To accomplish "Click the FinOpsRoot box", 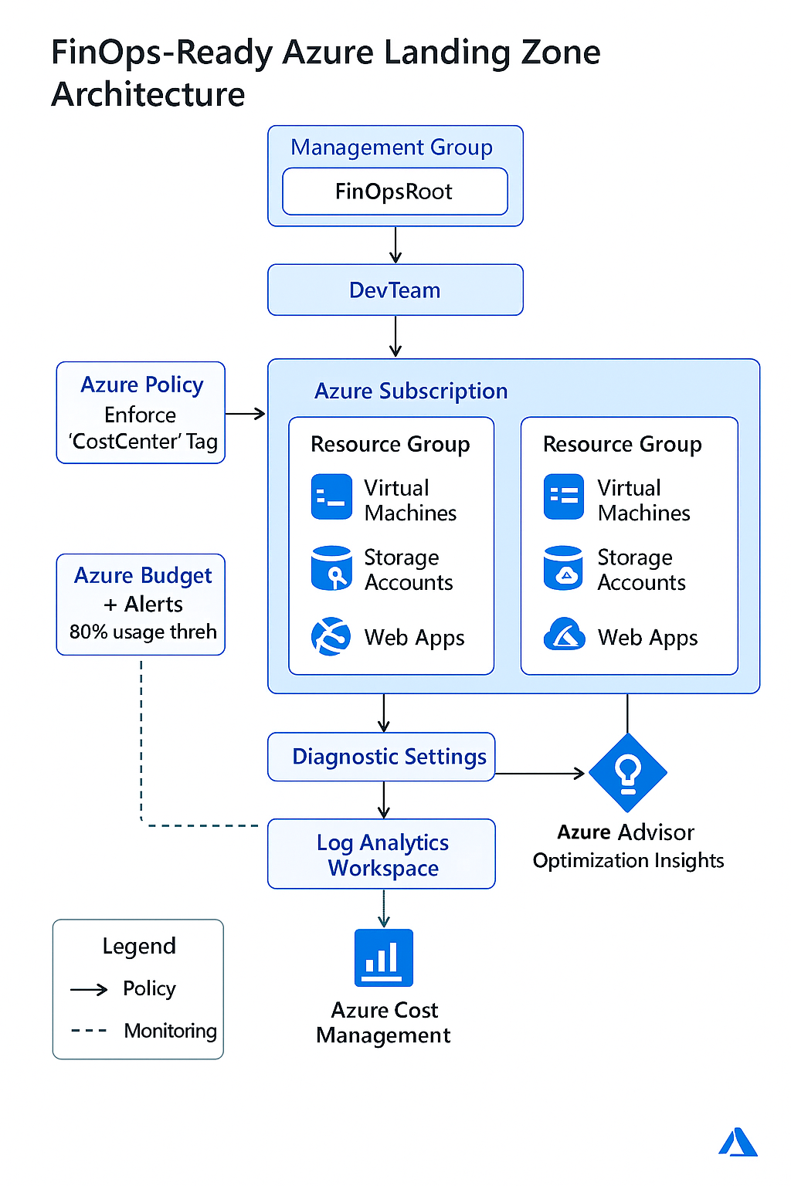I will click(395, 191).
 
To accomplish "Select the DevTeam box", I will click(395, 290).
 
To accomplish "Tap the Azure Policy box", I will click(141, 413).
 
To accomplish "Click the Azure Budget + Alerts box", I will click(141, 605).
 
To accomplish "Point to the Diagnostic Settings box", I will click(382, 757).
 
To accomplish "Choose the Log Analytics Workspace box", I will click(382, 854).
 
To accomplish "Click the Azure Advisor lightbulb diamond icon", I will click(627, 772).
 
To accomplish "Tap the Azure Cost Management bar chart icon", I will click(383, 957).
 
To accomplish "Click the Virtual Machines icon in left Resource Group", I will click(331, 496).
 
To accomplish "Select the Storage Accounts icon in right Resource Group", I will click(563, 569).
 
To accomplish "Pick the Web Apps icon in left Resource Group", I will click(331, 636).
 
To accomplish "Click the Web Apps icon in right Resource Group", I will click(564, 635).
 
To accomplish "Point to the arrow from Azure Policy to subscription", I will click(246, 414).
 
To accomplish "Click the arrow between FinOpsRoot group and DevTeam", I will click(395, 246).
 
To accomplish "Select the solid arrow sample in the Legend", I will click(89, 990).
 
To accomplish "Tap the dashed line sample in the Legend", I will click(89, 1031).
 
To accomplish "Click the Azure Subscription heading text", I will click(410, 391).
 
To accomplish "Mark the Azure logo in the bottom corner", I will click(738, 1143).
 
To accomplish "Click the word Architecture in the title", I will click(148, 95).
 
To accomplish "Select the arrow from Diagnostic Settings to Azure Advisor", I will click(541, 773).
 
